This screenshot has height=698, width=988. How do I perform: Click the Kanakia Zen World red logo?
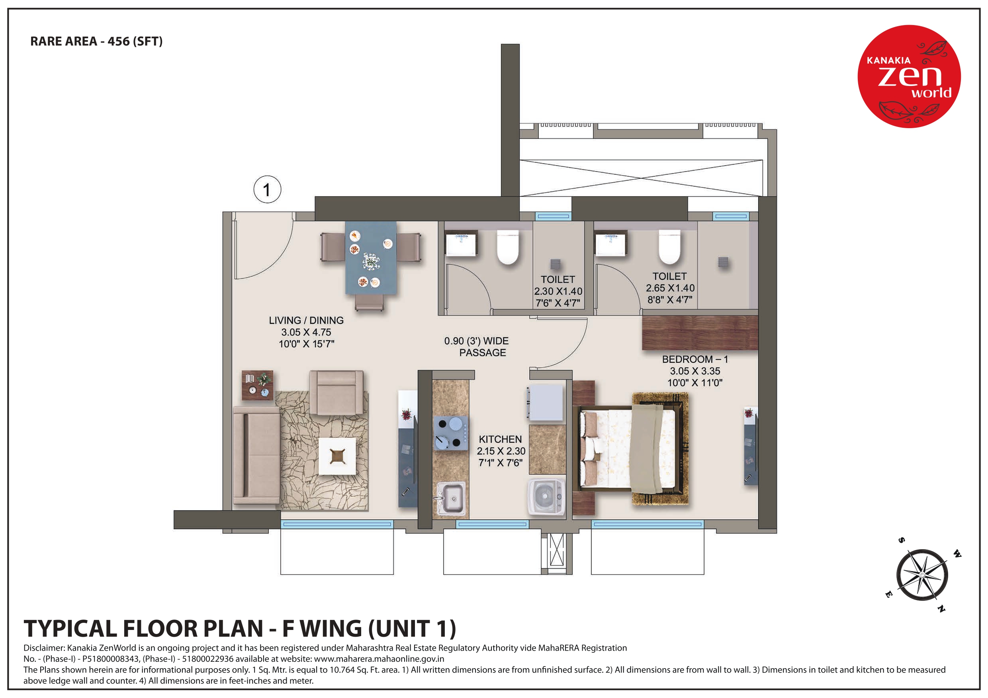click(x=909, y=76)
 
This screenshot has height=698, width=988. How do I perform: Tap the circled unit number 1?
click(x=267, y=190)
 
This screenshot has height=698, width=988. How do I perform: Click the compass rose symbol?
click(x=922, y=575)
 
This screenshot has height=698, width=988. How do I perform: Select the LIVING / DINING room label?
click(x=306, y=320)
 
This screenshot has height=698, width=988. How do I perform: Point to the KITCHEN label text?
click(x=500, y=439)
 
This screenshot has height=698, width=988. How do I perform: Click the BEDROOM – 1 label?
click(x=695, y=359)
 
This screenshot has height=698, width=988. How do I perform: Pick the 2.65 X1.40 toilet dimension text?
click(x=669, y=288)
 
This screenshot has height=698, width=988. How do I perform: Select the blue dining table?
click(x=370, y=258)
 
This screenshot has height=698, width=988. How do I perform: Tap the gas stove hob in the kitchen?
click(x=450, y=433)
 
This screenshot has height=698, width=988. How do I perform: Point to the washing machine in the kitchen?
click(x=546, y=497)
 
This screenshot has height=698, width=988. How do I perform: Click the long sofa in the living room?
click(x=256, y=455)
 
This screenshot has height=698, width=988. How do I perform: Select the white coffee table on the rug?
click(x=337, y=456)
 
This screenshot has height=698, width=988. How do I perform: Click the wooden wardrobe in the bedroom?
click(x=699, y=332)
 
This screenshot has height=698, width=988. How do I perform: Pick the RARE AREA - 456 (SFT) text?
click(x=96, y=41)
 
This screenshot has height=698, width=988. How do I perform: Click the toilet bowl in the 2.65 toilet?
click(x=669, y=247)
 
